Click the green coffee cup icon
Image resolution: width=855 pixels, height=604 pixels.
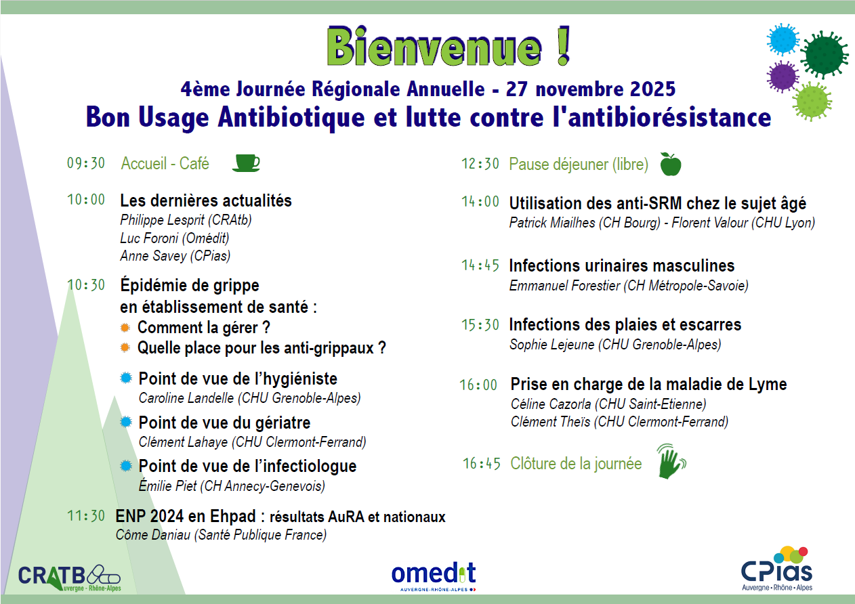click(x=246, y=163)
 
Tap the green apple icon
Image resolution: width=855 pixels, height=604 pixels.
click(x=671, y=165)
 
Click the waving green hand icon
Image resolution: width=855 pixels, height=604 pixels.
click(x=671, y=461)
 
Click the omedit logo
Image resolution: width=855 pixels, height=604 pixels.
click(x=434, y=576)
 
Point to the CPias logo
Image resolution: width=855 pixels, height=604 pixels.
click(x=777, y=569)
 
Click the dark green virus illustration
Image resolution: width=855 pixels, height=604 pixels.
click(x=824, y=55)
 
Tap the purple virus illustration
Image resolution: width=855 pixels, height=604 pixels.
click(x=783, y=77)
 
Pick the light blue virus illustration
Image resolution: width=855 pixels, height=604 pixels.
click(x=783, y=39)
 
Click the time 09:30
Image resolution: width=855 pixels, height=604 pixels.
click(x=86, y=163)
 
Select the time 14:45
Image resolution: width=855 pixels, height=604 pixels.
click(x=480, y=265)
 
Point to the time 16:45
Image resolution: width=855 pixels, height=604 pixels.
click(x=481, y=464)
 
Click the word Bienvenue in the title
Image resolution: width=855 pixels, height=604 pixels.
click(x=434, y=47)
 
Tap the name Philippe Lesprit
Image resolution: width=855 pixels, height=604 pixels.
click(x=162, y=220)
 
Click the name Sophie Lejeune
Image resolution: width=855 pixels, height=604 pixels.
click(x=552, y=345)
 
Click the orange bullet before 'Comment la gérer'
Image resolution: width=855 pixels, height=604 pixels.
click(x=125, y=327)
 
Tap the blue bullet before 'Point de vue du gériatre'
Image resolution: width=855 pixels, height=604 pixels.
click(x=126, y=422)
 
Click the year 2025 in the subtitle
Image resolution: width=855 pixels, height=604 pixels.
click(x=652, y=89)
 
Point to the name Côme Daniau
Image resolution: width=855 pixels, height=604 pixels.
click(x=153, y=535)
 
